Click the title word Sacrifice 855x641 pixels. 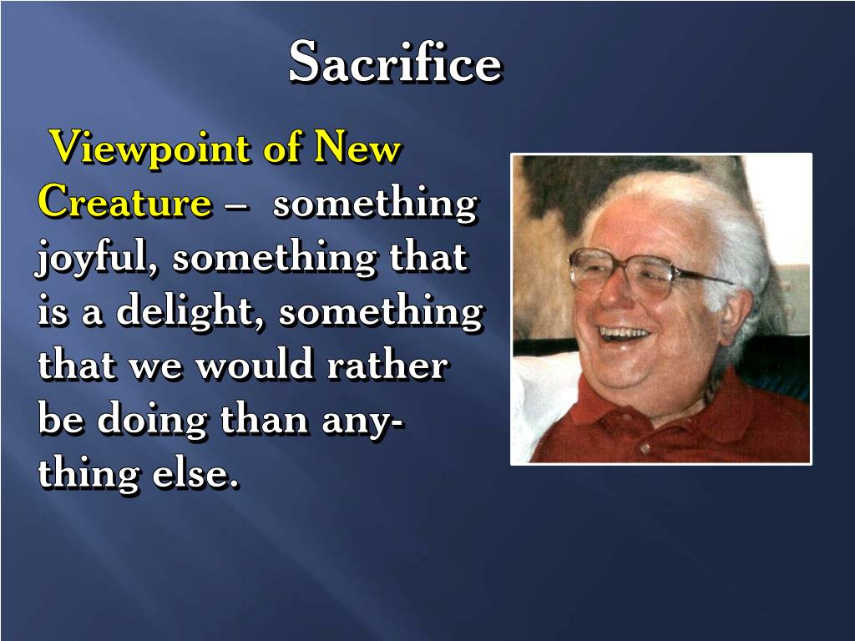tap(395, 63)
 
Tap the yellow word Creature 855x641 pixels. tap(124, 203)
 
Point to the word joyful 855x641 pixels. tap(99, 259)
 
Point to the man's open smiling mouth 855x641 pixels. tap(625, 333)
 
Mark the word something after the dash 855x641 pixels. tap(375, 203)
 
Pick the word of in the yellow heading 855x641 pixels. tap(282, 149)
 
